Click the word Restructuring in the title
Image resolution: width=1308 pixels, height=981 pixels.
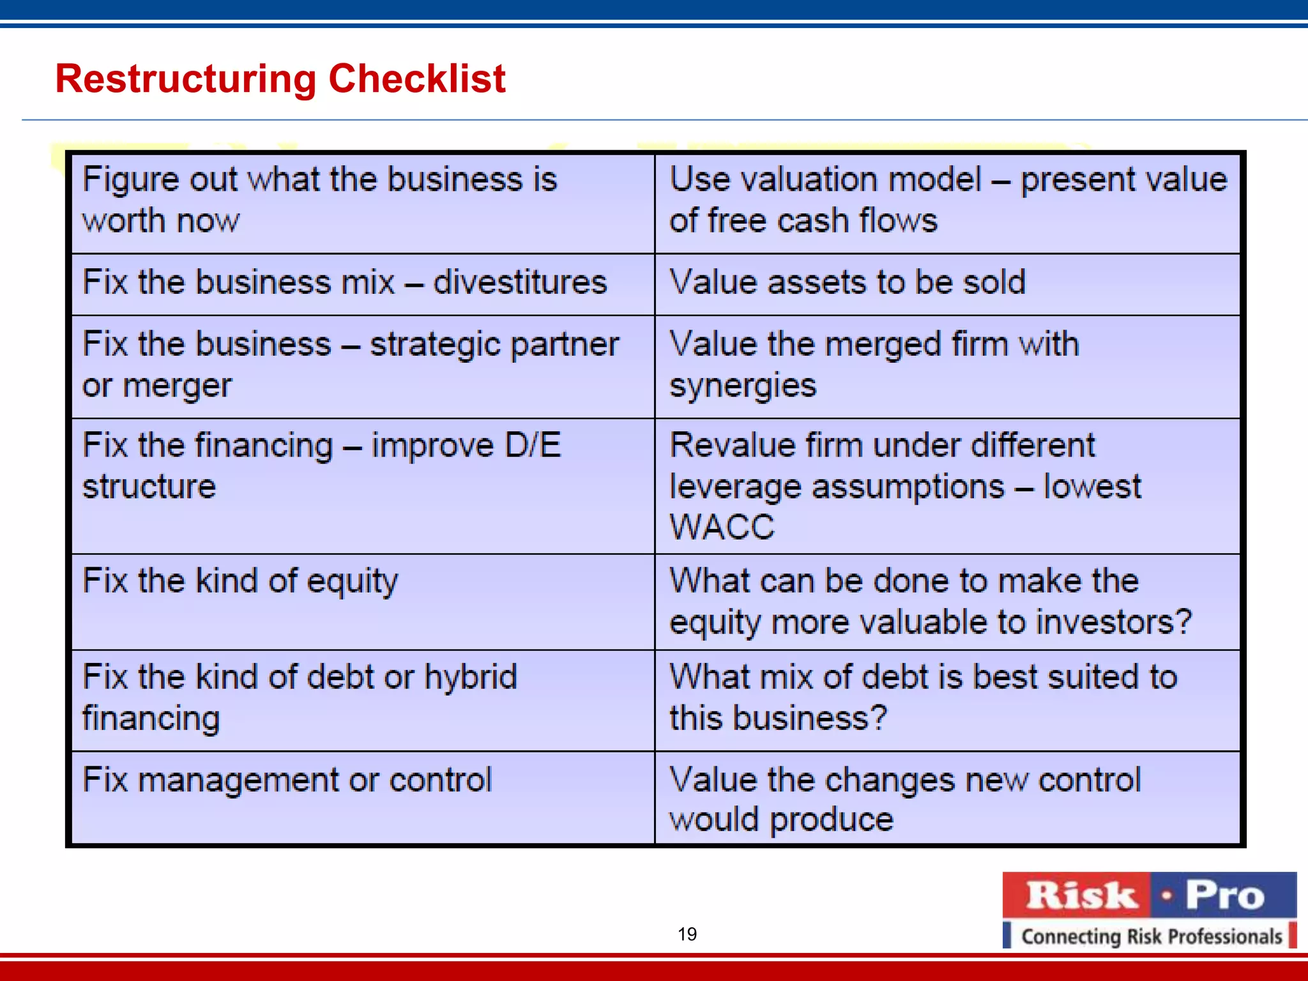coord(185,79)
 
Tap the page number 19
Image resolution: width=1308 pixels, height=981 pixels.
coord(687,934)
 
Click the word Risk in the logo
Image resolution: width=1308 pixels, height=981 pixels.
coord(1081,895)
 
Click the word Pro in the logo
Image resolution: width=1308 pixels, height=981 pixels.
coord(1225,895)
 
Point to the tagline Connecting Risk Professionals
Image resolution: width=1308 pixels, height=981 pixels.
coord(1151,936)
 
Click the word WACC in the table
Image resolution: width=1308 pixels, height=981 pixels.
coord(722,528)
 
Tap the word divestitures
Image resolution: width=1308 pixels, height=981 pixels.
coord(520,282)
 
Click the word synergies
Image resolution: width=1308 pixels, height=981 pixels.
coord(743,386)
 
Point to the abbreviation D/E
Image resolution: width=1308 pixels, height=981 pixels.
coord(533,445)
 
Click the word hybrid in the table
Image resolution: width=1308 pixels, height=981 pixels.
coord(471,678)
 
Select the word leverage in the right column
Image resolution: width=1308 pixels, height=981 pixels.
coord(735,487)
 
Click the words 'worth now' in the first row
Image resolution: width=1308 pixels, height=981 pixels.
coord(161,221)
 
